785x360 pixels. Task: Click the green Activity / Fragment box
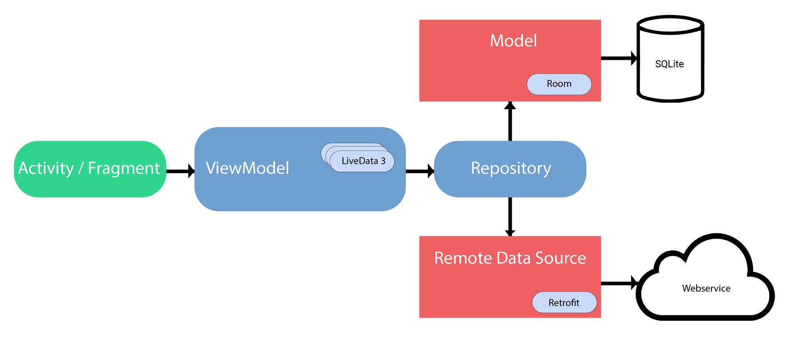point(90,185)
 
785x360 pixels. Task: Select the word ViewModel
point(247,168)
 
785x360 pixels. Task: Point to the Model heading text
point(513,41)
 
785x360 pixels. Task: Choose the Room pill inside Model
point(559,84)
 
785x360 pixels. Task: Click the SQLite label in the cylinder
point(669,64)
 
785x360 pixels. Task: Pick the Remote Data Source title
point(510,258)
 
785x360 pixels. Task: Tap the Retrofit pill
point(564,303)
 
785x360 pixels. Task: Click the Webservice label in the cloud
point(706,289)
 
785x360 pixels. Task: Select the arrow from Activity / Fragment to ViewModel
point(180,171)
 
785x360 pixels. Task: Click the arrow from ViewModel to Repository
point(420,171)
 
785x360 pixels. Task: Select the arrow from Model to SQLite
point(618,58)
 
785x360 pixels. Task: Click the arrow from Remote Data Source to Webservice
point(618,283)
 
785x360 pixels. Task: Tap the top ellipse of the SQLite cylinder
point(670,25)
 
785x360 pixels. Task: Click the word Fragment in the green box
point(124,168)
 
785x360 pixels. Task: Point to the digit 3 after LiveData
point(383,161)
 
